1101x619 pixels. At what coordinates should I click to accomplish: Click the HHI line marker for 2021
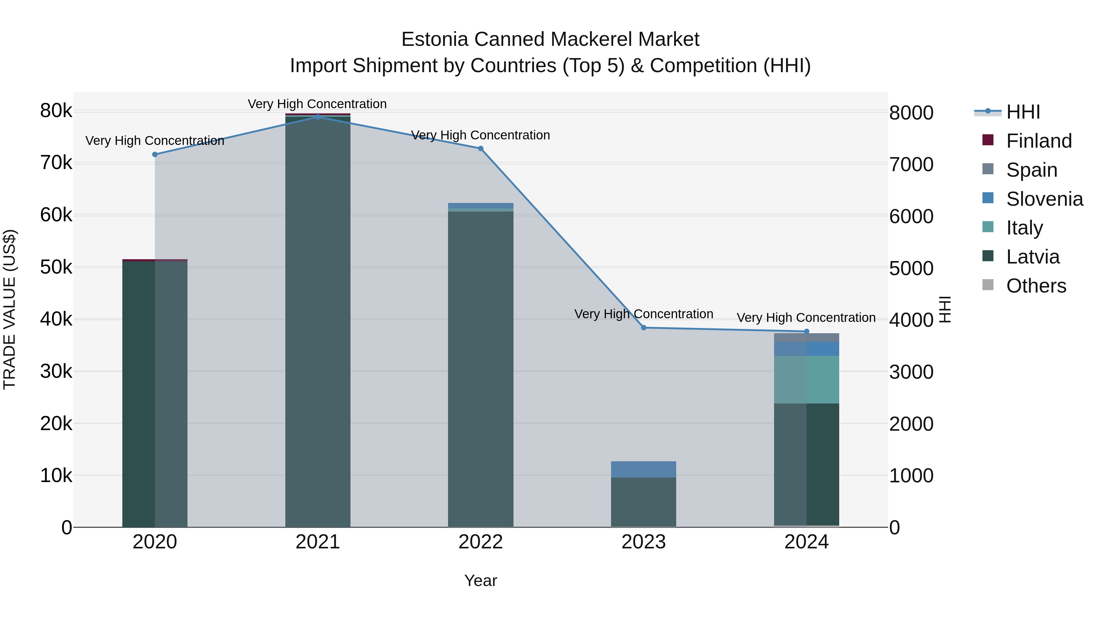coord(317,117)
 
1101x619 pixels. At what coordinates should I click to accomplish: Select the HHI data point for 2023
coord(644,328)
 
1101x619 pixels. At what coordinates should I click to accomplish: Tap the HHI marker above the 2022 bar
coord(480,149)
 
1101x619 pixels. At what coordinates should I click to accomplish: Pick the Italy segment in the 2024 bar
coord(806,380)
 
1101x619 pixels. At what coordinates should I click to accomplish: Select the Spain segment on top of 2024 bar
coord(806,337)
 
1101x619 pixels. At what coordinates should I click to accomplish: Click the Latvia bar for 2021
coord(317,320)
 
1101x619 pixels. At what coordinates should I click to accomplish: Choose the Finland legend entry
coord(1039,141)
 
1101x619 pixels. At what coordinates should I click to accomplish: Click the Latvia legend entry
coord(1032,257)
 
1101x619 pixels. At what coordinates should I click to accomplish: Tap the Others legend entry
coord(1036,286)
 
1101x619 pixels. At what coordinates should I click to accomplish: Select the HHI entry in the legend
coord(1023,112)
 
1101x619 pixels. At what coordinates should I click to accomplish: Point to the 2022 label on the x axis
coord(480,542)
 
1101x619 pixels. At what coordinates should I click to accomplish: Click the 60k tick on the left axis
coord(56,215)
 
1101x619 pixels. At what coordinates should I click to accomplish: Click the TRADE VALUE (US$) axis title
coord(10,309)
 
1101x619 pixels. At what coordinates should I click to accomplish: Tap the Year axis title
coord(480,580)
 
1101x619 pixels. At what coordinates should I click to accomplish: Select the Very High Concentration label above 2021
coord(317,104)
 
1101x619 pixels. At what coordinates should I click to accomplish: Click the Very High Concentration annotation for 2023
coord(644,314)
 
